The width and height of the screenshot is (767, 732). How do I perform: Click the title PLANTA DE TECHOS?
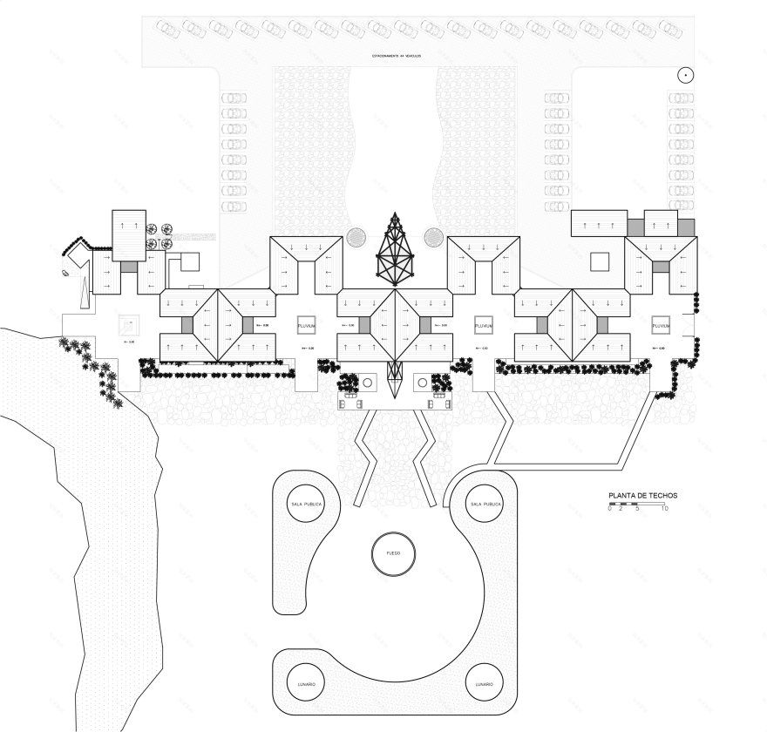[x=642, y=495]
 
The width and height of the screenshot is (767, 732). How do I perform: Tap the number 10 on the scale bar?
[x=665, y=509]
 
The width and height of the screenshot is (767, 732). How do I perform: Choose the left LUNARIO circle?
[x=306, y=685]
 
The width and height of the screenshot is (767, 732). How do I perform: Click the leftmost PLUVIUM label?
[x=307, y=325]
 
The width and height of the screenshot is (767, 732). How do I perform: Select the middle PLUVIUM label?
[x=484, y=325]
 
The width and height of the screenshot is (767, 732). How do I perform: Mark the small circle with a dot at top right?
[x=686, y=76]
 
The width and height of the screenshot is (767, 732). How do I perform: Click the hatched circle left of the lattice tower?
[x=356, y=237]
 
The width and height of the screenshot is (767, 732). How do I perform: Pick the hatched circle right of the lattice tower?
[x=433, y=237]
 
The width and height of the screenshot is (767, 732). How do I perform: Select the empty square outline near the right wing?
[x=599, y=261]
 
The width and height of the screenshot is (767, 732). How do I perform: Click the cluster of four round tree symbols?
[x=159, y=236]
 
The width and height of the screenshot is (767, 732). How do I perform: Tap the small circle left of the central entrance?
[x=368, y=383]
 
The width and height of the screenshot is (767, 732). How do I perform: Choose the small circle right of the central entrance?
[x=422, y=383]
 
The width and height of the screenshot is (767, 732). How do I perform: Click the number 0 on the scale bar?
[x=610, y=509]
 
